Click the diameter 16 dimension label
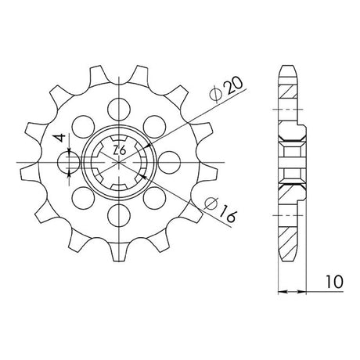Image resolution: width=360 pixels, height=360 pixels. tap(221, 210)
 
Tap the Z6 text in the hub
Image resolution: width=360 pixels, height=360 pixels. tap(120, 150)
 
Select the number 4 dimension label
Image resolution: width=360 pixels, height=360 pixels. tap(60, 138)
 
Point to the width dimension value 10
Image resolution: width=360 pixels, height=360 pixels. tap(334, 282)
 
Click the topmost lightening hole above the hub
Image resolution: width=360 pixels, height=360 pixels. tap(119, 110)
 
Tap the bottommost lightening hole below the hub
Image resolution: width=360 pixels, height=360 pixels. tap(119, 215)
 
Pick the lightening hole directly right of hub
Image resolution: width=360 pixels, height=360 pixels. tap(169, 162)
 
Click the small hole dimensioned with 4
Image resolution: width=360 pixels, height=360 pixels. tap(69, 162)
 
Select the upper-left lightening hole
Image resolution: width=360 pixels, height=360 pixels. tap(84, 127)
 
